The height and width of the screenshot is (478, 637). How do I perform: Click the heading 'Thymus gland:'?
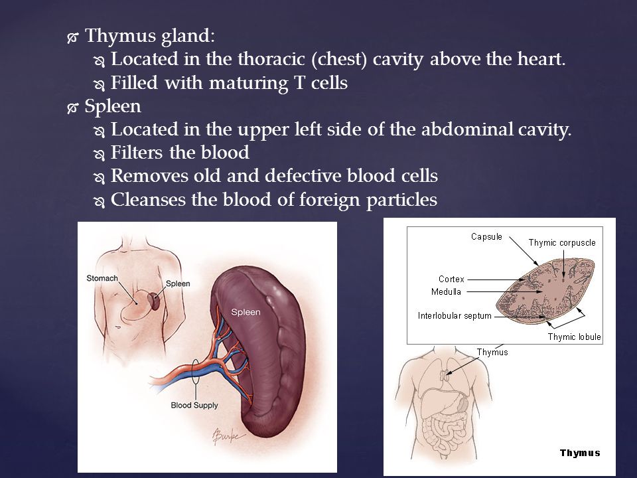(150, 36)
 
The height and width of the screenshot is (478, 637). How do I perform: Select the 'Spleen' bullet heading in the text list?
(113, 107)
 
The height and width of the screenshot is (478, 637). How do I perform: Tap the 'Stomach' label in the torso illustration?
(102, 278)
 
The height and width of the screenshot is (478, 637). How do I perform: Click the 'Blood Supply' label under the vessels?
(194, 405)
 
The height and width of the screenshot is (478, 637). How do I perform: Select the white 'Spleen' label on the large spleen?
(246, 313)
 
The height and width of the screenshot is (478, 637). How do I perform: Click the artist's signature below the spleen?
(228, 437)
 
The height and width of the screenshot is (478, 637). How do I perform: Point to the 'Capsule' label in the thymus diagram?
(486, 236)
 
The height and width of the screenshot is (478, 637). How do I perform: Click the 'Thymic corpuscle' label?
(562, 243)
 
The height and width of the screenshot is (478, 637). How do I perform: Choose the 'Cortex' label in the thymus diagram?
(451, 279)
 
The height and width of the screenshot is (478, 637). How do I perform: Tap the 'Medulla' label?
(446, 292)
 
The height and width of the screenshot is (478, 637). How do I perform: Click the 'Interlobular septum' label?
(455, 316)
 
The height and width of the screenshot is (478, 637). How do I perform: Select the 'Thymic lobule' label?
(574, 337)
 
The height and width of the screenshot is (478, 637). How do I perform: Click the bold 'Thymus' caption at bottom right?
(580, 453)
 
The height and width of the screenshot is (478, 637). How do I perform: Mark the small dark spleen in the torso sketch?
(153, 301)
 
